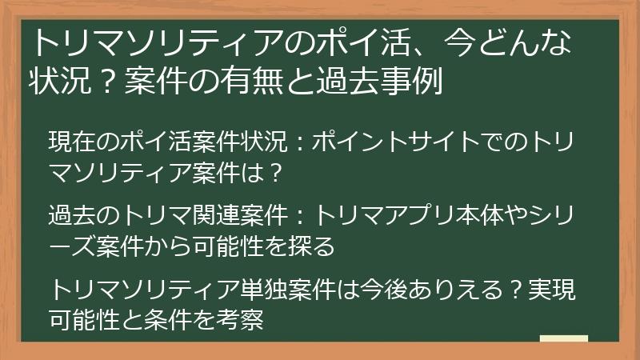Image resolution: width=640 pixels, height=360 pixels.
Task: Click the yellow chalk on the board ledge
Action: pyautogui.click(x=564, y=338)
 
